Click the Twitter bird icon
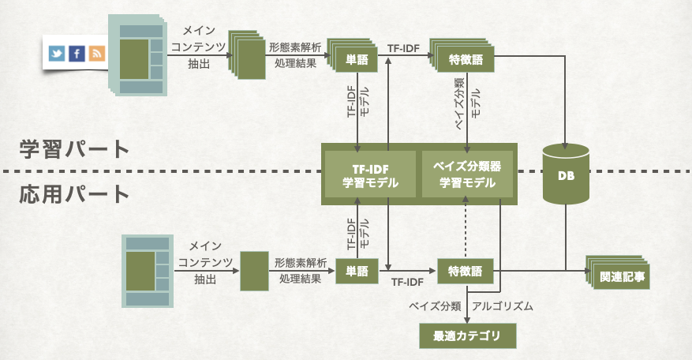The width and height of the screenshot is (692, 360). [57, 54]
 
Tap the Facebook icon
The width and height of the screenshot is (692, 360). [77, 54]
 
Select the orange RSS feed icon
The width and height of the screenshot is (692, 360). [96, 54]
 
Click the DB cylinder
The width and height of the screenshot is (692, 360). [566, 176]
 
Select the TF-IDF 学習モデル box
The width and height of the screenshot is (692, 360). [369, 175]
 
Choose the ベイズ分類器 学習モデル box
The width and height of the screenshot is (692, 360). [468, 175]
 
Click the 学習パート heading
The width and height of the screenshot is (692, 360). [74, 148]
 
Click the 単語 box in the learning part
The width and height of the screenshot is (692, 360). [356, 60]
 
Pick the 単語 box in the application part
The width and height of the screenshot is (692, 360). [357, 271]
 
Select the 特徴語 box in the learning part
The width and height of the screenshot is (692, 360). [465, 60]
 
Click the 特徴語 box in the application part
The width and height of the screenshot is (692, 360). [466, 271]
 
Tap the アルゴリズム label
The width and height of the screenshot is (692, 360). [502, 305]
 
